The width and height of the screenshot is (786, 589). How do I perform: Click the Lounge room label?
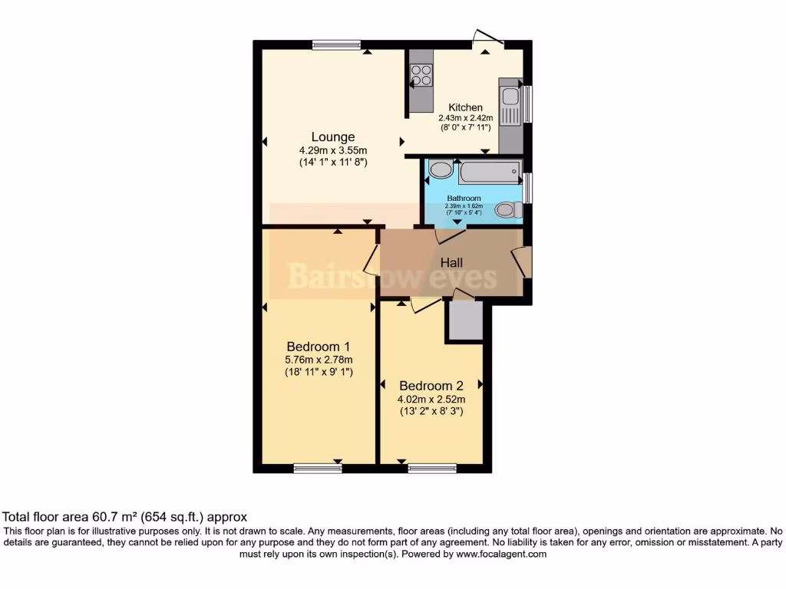tap(332, 137)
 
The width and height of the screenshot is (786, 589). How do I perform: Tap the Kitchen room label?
tap(465, 107)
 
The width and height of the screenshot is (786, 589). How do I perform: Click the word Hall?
tap(451, 262)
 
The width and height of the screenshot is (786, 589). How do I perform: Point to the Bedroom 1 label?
tap(319, 346)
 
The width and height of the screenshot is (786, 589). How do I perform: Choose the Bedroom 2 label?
tap(431, 385)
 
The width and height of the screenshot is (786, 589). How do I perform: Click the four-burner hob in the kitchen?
tap(421, 74)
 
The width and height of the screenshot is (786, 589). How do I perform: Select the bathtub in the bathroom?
tap(489, 172)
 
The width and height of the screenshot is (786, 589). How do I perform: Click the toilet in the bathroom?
tap(507, 209)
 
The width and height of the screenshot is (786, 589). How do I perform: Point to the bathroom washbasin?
tap(441, 169)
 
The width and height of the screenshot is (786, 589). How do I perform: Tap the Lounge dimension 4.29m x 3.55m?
tap(333, 150)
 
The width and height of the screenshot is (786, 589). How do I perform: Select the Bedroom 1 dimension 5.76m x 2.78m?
tap(319, 359)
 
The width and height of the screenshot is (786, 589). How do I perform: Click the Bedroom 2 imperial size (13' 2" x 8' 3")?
tap(431, 411)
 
